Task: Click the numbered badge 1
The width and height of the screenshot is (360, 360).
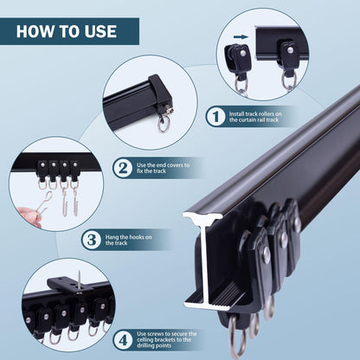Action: (213, 115)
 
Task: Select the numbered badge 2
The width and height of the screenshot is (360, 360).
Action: (125, 167)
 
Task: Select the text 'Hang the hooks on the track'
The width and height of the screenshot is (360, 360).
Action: (130, 240)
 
